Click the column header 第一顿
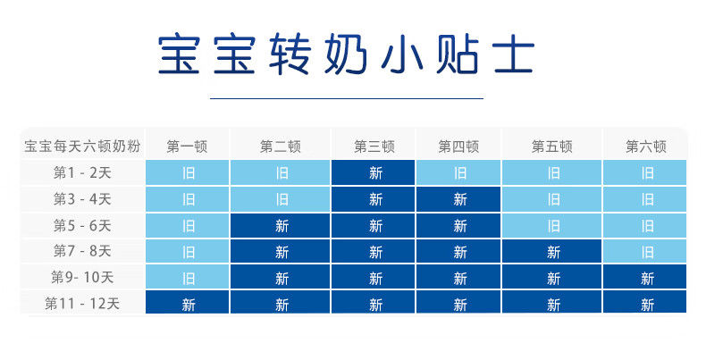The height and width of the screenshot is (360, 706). pos(187,147)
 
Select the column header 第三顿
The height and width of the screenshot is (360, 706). pos(374,147)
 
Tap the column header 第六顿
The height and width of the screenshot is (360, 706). pos(645,147)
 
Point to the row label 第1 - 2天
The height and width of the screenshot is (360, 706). pos(82,172)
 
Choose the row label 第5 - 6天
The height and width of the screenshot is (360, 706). pos(82,225)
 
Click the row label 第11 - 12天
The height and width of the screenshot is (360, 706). pos(82,304)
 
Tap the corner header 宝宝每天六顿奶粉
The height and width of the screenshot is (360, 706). pos(82,147)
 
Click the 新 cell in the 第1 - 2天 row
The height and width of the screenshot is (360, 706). pos(374,172)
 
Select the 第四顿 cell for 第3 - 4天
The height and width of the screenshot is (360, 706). pos(458,199)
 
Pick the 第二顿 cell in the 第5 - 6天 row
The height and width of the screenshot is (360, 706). pos(280,225)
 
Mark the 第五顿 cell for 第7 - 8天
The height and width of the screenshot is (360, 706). pos(552,252)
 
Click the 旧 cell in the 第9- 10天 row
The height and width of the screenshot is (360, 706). pos(188,277)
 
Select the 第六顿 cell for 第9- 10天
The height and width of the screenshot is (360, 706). pos(644,277)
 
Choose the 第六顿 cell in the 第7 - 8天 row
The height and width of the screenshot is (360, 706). pos(644,252)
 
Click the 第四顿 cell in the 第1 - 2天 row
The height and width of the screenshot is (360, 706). pos(458,172)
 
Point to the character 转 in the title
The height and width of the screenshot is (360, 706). pos(290,54)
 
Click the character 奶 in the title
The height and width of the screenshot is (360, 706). pos(346,54)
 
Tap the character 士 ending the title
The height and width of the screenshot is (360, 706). pos(514,54)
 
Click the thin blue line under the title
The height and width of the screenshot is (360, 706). pos(347,98)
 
